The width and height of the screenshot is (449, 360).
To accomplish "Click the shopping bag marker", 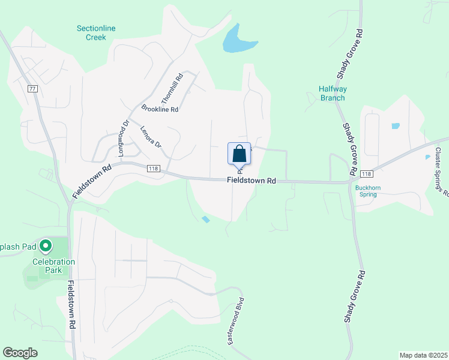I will point(239,154).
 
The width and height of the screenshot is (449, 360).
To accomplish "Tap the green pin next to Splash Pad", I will point(46,245).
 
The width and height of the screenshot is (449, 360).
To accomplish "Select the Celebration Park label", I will point(53,266).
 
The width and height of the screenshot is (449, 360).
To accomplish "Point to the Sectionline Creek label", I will point(96,32).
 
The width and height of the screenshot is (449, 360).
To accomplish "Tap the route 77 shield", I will point(32,88).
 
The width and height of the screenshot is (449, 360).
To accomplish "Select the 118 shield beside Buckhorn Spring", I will point(367,174).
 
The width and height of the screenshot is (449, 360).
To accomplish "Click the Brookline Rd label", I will point(160,109).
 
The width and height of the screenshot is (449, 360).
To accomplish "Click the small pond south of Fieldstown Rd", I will point(206,220).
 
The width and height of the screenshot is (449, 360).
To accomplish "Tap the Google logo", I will point(20,353).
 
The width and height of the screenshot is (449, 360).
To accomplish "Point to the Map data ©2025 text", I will point(423,355).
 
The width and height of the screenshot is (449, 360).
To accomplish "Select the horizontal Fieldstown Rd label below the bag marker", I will point(251,180).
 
